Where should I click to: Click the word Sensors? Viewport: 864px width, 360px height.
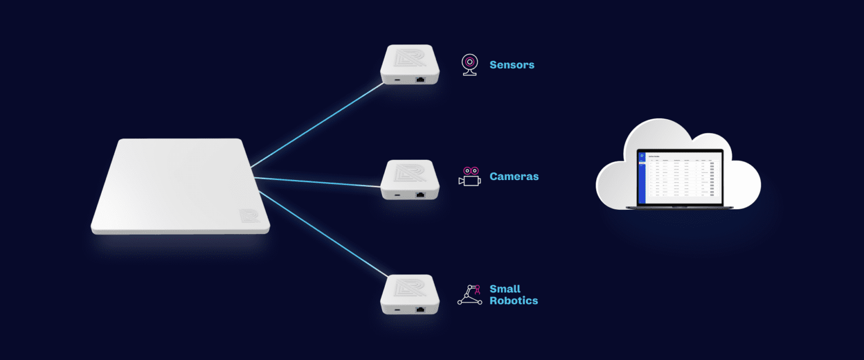(512, 65)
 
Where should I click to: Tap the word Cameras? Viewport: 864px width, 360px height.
(514, 177)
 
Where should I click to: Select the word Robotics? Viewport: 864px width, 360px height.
(514, 300)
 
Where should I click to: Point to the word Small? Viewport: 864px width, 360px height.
(505, 289)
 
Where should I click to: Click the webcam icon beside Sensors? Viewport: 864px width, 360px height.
(470, 65)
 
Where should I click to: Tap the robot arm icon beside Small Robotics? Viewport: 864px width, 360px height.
(470, 295)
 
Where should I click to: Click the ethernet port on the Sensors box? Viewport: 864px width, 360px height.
(420, 80)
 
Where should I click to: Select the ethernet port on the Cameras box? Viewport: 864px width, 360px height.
(420, 195)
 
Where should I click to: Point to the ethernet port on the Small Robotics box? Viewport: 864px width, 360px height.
(420, 309)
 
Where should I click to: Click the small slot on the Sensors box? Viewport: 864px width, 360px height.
(398, 80)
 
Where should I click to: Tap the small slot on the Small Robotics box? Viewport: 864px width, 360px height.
(398, 309)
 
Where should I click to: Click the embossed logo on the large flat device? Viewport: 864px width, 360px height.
(249, 218)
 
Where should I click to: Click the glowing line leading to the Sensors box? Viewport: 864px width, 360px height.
(318, 124)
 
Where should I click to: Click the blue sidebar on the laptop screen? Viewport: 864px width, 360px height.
(642, 177)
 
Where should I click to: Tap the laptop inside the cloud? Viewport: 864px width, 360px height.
(679, 179)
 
